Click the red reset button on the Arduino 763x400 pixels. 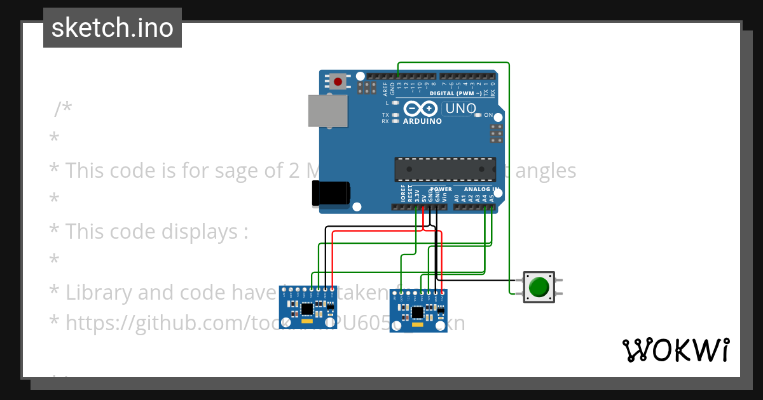click(x=338, y=81)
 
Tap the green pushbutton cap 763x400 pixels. click(x=539, y=287)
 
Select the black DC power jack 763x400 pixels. click(x=331, y=193)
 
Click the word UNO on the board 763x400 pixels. click(x=461, y=109)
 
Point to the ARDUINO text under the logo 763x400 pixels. click(x=422, y=121)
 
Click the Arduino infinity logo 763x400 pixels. click(x=420, y=109)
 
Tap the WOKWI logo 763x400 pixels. click(x=675, y=350)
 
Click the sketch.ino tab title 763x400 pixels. click(x=113, y=28)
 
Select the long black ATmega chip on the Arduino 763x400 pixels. click(x=445, y=169)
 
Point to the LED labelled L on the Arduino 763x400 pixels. click(x=395, y=102)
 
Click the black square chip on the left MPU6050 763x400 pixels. click(x=306, y=309)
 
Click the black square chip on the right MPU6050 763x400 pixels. click(x=417, y=312)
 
